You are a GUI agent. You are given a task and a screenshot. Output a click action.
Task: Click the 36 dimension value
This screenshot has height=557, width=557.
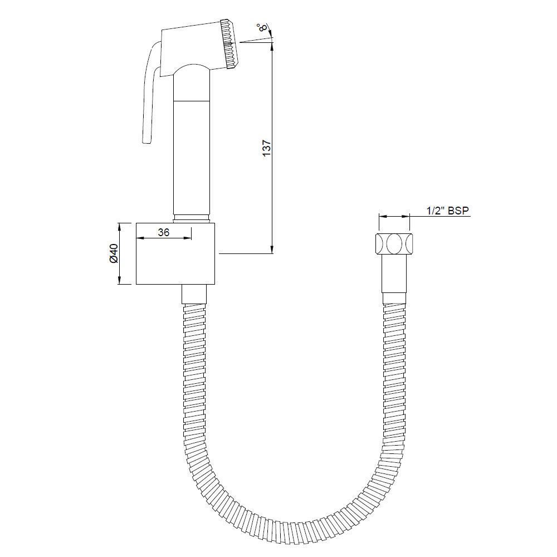point(163,233)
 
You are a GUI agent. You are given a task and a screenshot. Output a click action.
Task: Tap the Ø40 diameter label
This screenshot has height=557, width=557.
point(113,253)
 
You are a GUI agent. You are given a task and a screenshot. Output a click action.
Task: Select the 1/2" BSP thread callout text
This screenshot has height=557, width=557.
point(447,211)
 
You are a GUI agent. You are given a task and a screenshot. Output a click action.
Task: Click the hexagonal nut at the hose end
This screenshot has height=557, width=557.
point(394,245)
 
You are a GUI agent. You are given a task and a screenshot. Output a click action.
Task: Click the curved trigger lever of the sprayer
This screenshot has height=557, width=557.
point(148,95)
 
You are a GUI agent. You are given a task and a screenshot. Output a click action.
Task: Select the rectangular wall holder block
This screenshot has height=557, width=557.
point(175,253)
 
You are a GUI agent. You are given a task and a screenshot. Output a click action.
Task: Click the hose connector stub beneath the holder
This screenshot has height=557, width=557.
point(194,294)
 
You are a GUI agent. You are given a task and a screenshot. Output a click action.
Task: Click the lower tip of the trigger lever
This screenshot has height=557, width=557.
point(146,142)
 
